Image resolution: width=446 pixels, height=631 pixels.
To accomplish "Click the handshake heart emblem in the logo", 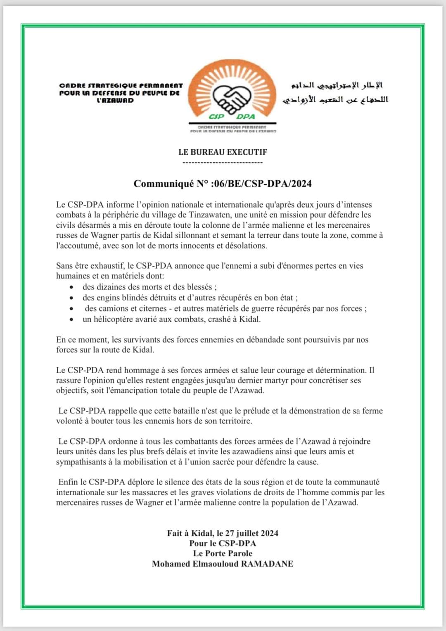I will coord(232,98).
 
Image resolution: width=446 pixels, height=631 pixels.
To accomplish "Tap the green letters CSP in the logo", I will coord(217,117).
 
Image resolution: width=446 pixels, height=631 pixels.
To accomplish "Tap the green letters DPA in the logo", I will coord(246,117).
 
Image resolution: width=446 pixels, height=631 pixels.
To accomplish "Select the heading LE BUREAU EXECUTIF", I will coord(223,152).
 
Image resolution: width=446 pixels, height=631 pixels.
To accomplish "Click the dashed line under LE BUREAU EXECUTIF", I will coord(223,162).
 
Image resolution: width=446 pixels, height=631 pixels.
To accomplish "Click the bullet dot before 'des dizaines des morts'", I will coord(72,287).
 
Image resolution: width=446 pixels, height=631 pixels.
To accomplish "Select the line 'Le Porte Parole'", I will coord(223,553).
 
